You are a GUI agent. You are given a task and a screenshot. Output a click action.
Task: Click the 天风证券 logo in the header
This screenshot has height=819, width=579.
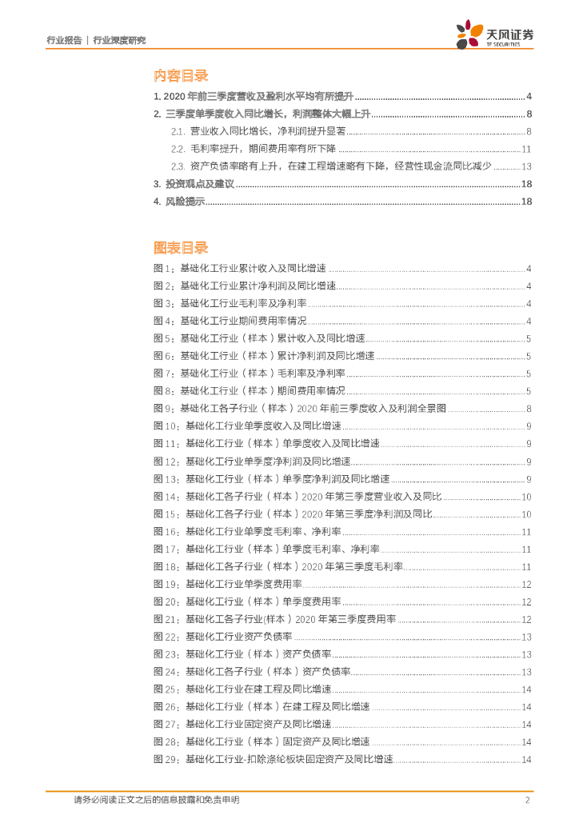pyautogui.click(x=494, y=34)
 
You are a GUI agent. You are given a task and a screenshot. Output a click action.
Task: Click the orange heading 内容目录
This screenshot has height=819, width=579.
pyautogui.click(x=181, y=75)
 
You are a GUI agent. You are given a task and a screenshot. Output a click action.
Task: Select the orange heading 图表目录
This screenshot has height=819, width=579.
pyautogui.click(x=181, y=247)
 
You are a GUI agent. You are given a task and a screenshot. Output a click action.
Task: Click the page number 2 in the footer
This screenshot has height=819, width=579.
pyautogui.click(x=527, y=799)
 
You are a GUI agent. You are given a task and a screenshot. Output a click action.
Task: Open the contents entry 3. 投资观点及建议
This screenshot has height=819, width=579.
pyautogui.click(x=194, y=184)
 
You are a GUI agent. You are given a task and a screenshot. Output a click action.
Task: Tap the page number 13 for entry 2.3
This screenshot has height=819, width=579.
pyautogui.click(x=526, y=166)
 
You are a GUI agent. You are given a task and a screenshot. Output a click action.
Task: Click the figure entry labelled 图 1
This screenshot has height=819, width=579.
pyautogui.click(x=239, y=269)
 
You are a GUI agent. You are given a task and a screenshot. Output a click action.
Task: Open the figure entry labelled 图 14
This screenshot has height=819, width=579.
pyautogui.click(x=297, y=497)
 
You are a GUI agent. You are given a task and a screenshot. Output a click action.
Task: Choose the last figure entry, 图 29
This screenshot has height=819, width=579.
pyautogui.click(x=273, y=759)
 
